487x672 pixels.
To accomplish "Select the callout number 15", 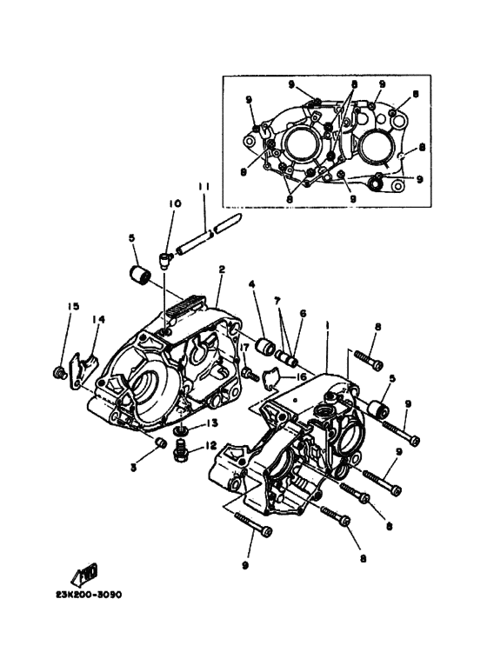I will pos(73,306).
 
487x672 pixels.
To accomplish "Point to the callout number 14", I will pos(98,319).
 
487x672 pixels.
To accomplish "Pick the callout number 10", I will pos(174,203).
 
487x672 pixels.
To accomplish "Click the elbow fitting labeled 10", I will pos(165,255).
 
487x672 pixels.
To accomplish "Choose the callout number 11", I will pos(203,186).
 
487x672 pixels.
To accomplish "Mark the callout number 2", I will pos(222,270).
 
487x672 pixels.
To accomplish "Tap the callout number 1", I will pos(327,323).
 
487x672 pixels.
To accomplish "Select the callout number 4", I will pos(251,284).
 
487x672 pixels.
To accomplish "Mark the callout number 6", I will pos(303,313).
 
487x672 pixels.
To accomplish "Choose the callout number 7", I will pos(277,300).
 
